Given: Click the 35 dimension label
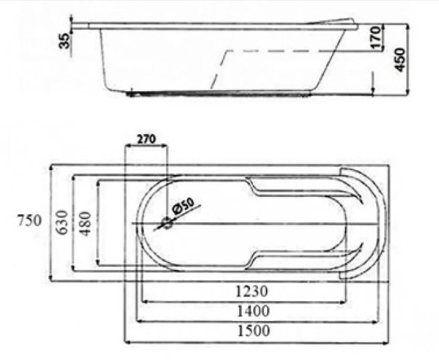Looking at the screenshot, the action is click(x=65, y=41).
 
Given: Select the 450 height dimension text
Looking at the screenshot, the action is click(x=400, y=60).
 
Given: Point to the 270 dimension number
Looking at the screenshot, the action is click(x=146, y=139).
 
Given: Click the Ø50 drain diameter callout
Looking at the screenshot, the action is click(x=183, y=206).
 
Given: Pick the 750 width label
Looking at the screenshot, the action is click(x=29, y=220).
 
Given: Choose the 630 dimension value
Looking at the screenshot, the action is click(x=62, y=223).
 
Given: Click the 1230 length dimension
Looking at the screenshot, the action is click(x=252, y=291).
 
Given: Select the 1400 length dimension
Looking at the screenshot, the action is click(x=254, y=311).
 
